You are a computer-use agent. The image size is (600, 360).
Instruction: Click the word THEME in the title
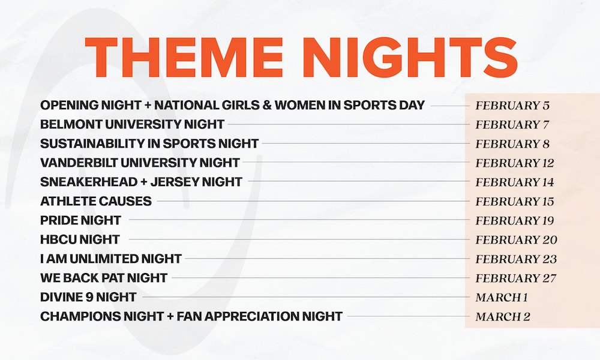click(x=184, y=58)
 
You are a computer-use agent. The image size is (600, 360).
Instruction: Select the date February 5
click(x=512, y=106)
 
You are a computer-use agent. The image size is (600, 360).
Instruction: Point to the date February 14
click(x=515, y=182)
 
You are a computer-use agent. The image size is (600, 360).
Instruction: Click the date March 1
click(x=502, y=297)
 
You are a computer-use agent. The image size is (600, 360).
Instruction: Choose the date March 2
click(x=503, y=317)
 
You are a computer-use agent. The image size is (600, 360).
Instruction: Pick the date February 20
click(x=516, y=240)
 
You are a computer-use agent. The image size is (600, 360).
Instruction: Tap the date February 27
click(x=516, y=278)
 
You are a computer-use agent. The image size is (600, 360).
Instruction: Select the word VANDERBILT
click(x=79, y=163)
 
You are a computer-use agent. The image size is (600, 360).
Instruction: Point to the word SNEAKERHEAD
click(x=89, y=182)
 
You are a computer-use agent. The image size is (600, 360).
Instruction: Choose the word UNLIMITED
click(x=104, y=259)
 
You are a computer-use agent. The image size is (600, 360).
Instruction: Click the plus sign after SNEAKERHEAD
click(x=144, y=182)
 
